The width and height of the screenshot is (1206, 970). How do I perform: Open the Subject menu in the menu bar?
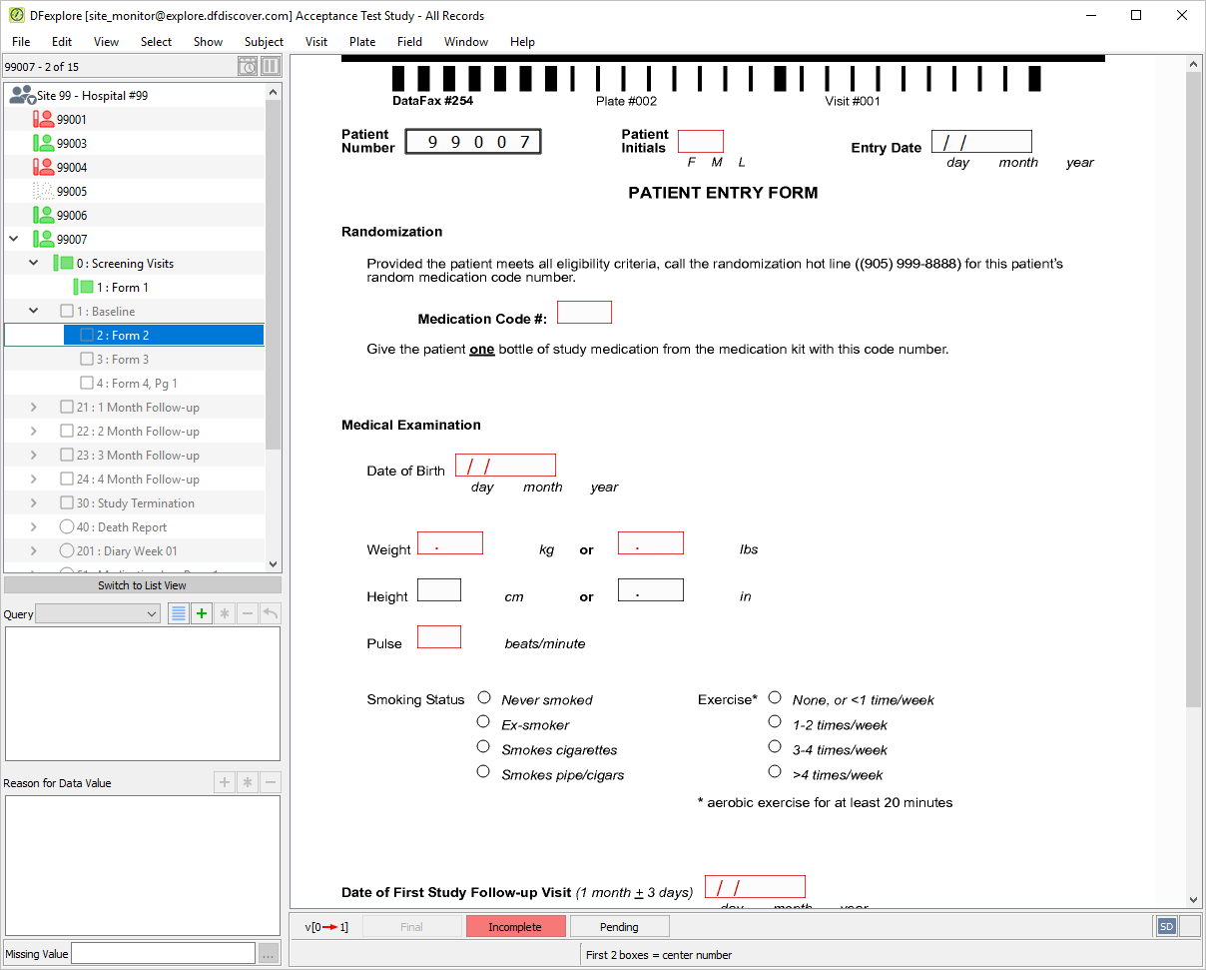pos(264,42)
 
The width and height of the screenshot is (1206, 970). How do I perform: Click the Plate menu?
pos(362,42)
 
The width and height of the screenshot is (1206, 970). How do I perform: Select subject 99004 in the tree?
pos(71,167)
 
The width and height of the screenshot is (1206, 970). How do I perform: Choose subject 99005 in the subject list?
pos(71,191)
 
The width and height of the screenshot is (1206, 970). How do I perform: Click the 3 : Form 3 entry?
pos(122,359)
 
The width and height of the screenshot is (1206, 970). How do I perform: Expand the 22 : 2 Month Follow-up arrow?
pos(34,432)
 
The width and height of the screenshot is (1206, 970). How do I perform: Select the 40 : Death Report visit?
pos(121,527)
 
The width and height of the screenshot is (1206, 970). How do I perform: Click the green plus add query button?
pos(202,613)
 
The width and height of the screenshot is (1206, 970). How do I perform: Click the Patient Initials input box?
pos(701,141)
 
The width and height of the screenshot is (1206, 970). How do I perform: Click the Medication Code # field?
pos(584,313)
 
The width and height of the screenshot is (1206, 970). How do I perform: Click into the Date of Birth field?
pos(505,465)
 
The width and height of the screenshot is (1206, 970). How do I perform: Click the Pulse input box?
pos(439,637)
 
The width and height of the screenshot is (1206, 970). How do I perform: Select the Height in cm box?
pos(439,589)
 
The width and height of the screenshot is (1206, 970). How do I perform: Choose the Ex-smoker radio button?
pos(483,721)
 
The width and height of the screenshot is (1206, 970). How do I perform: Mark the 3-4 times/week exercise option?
pos(775,746)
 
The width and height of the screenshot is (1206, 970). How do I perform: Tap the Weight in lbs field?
pos(651,542)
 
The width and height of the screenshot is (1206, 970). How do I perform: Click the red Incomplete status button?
pos(515,927)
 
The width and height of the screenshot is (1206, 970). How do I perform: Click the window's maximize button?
pos(1136,15)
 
